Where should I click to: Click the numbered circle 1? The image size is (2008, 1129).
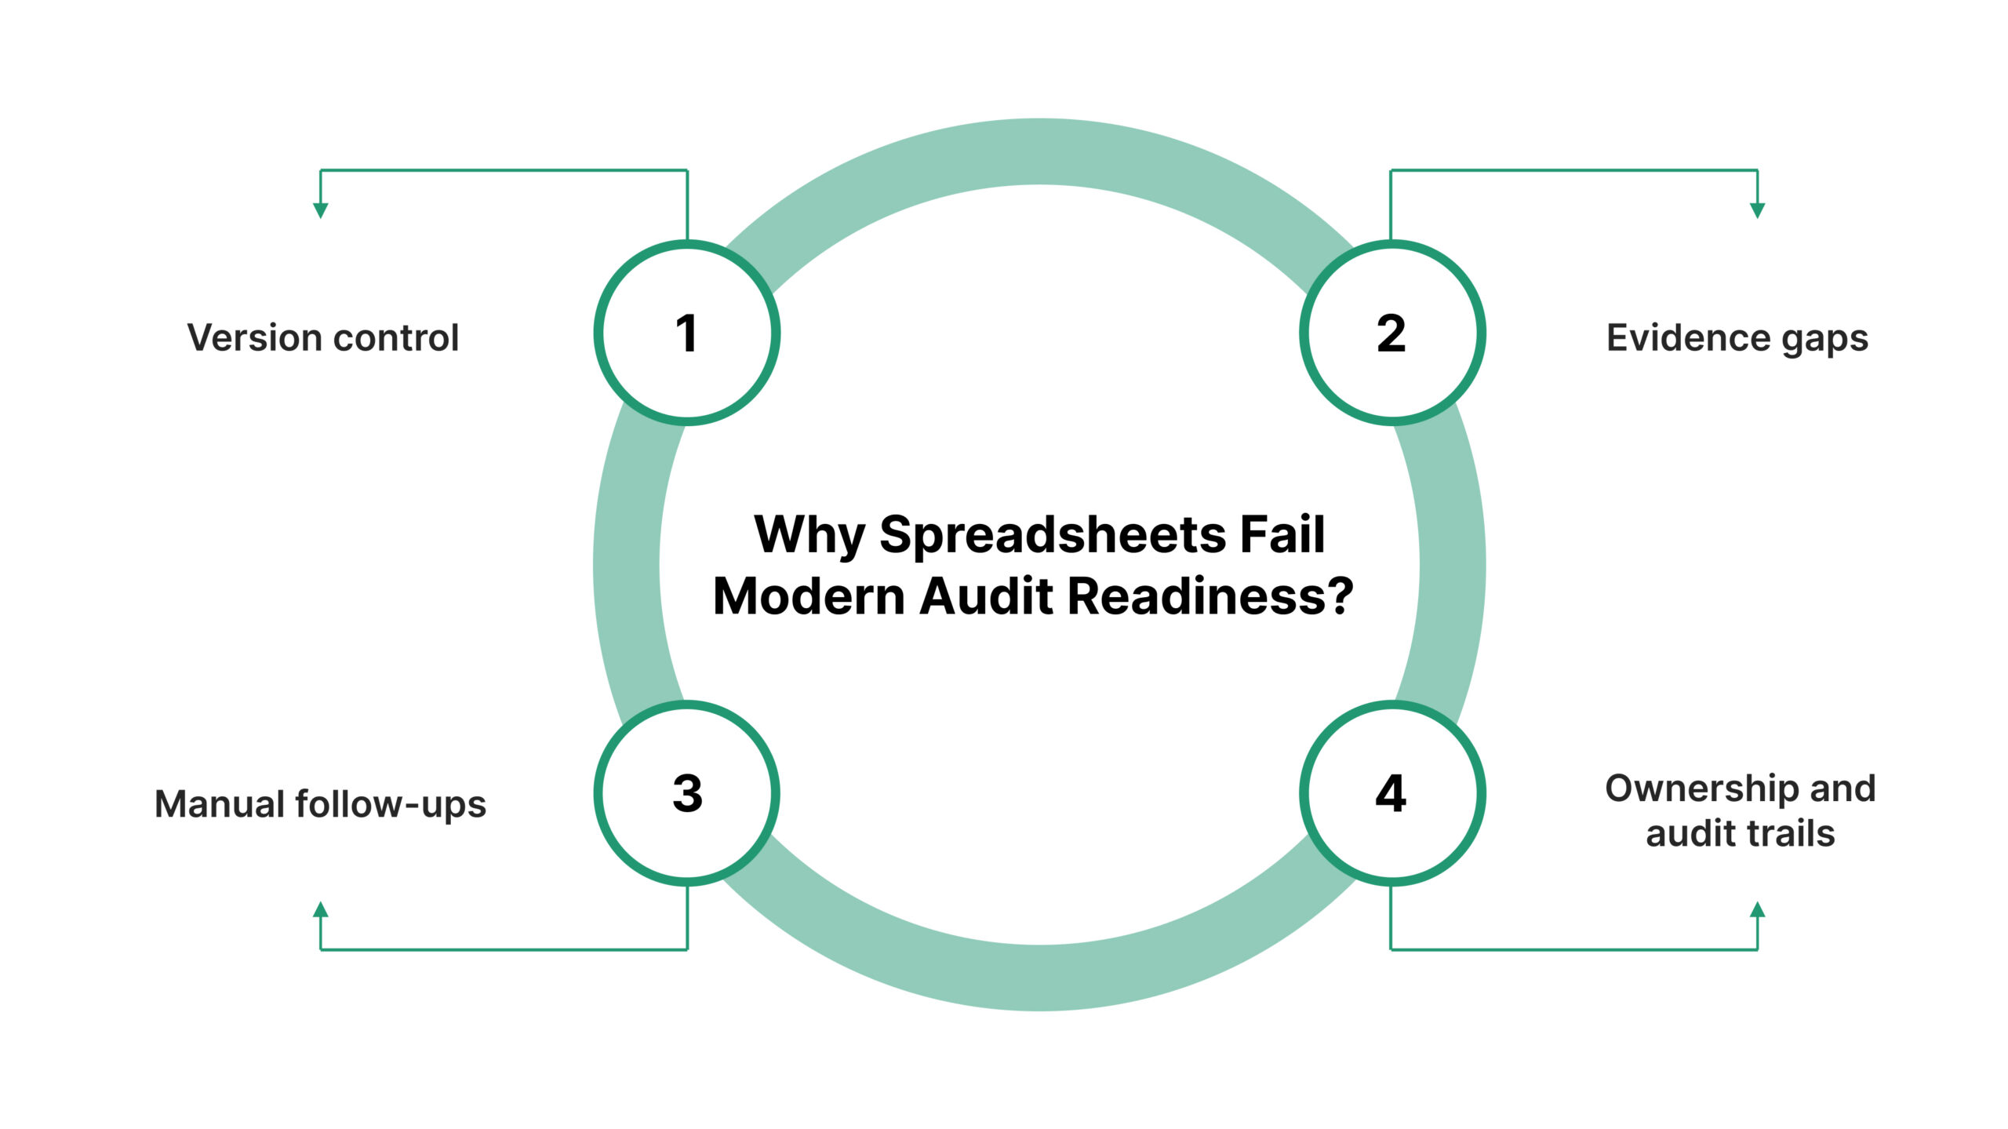coord(687,333)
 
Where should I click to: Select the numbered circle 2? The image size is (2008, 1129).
coord(1391,333)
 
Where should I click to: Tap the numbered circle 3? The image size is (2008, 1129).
coord(687,793)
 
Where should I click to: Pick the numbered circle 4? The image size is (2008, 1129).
coord(1391,793)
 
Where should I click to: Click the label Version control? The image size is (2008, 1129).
coord(322,338)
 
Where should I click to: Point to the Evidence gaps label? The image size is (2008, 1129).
coord(1737,338)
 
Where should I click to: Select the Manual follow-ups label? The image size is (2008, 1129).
coord(320,804)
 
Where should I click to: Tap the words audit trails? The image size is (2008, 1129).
coord(1740,833)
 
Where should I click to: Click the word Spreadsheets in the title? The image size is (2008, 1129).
coord(1053,536)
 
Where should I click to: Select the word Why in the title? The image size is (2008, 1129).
coord(809,535)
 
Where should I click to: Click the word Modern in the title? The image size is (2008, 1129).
coord(808,596)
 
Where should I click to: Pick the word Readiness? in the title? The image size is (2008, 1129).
coord(1210,596)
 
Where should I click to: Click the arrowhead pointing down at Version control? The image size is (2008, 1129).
coord(320,209)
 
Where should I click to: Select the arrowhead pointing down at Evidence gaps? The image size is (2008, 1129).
coord(1758,209)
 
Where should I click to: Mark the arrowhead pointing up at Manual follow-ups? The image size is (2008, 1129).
coord(320,910)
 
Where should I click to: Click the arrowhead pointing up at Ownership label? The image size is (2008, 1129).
coord(1758,910)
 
